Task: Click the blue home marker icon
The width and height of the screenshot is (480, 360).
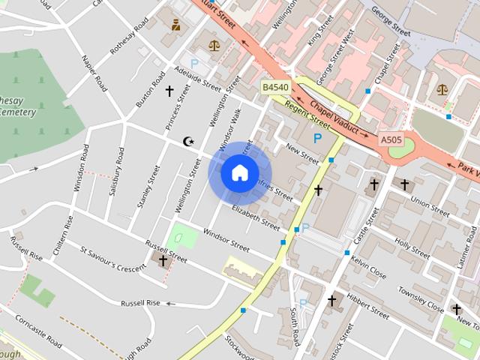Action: tap(239, 173)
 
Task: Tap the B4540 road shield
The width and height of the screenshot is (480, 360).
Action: tap(275, 88)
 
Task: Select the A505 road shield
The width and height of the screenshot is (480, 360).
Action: tap(391, 139)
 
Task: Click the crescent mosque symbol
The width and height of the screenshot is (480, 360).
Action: tap(189, 141)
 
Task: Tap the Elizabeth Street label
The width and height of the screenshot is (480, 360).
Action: tap(256, 217)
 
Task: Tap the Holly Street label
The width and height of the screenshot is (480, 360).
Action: tap(412, 249)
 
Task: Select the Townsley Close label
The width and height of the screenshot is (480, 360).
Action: tap(421, 298)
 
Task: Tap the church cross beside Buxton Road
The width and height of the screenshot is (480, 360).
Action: tap(169, 92)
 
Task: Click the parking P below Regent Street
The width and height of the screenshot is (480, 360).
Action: tap(318, 138)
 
